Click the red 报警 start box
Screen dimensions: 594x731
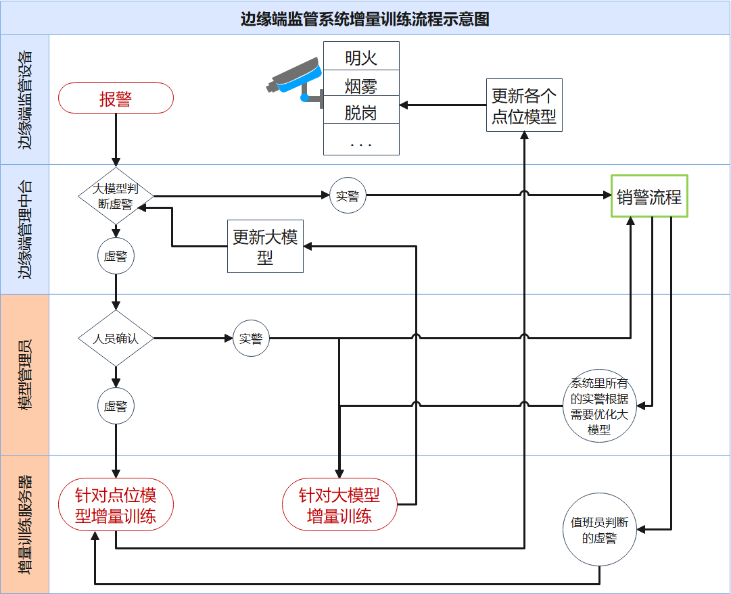click(116, 99)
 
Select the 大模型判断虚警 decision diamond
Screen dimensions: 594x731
click(116, 197)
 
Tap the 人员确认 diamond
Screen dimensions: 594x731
click(116, 338)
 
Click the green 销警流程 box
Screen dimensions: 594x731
click(649, 197)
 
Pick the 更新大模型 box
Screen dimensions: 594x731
click(265, 247)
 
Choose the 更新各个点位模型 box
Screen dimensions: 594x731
click(524, 105)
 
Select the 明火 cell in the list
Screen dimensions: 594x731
click(361, 58)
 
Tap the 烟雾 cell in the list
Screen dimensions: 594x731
click(361, 86)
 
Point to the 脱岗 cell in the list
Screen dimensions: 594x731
click(361, 113)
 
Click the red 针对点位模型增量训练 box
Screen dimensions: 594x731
click(116, 506)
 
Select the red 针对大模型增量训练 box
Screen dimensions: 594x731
click(339, 506)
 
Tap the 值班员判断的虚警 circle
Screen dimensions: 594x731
click(599, 530)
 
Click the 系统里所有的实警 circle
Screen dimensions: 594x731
click(599, 406)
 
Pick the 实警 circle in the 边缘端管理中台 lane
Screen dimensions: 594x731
click(348, 196)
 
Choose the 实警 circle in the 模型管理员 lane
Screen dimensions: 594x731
click(251, 338)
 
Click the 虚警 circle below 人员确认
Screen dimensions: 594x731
click(116, 406)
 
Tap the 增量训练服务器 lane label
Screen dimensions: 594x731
click(25, 524)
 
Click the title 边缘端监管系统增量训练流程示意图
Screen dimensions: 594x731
click(365, 18)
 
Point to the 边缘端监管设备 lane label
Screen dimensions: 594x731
click(25, 99)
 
